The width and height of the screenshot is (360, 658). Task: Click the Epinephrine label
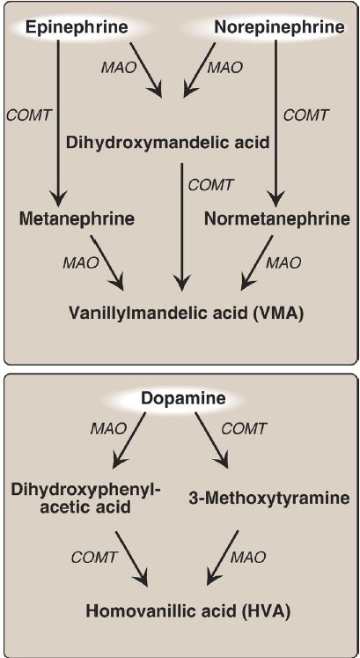click(x=77, y=27)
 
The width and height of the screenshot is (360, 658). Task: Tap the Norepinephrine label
click(x=280, y=27)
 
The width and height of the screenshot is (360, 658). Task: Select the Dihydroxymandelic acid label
click(x=167, y=143)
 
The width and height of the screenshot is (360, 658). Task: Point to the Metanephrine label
click(x=77, y=218)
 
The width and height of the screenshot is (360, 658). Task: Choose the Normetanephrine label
click(x=277, y=218)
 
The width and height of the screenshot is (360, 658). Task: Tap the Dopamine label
click(x=183, y=397)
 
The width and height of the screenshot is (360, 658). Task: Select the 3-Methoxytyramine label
click(x=267, y=498)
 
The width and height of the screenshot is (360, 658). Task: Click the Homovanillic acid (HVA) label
click(x=187, y=610)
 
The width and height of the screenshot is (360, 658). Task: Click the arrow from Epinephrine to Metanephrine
click(x=58, y=121)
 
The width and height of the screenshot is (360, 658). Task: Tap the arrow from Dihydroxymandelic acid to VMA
click(x=181, y=226)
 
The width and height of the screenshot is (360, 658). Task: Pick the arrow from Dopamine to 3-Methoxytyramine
click(x=211, y=440)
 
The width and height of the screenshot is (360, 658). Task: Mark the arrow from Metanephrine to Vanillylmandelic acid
click(x=107, y=263)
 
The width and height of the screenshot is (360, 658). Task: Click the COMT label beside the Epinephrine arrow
click(x=29, y=115)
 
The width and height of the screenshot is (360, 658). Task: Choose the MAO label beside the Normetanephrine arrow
click(x=283, y=263)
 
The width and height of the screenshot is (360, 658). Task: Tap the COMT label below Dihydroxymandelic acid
click(x=210, y=185)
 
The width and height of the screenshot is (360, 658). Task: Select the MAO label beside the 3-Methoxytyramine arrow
click(x=248, y=557)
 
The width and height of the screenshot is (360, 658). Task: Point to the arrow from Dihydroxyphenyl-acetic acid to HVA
click(x=132, y=558)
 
